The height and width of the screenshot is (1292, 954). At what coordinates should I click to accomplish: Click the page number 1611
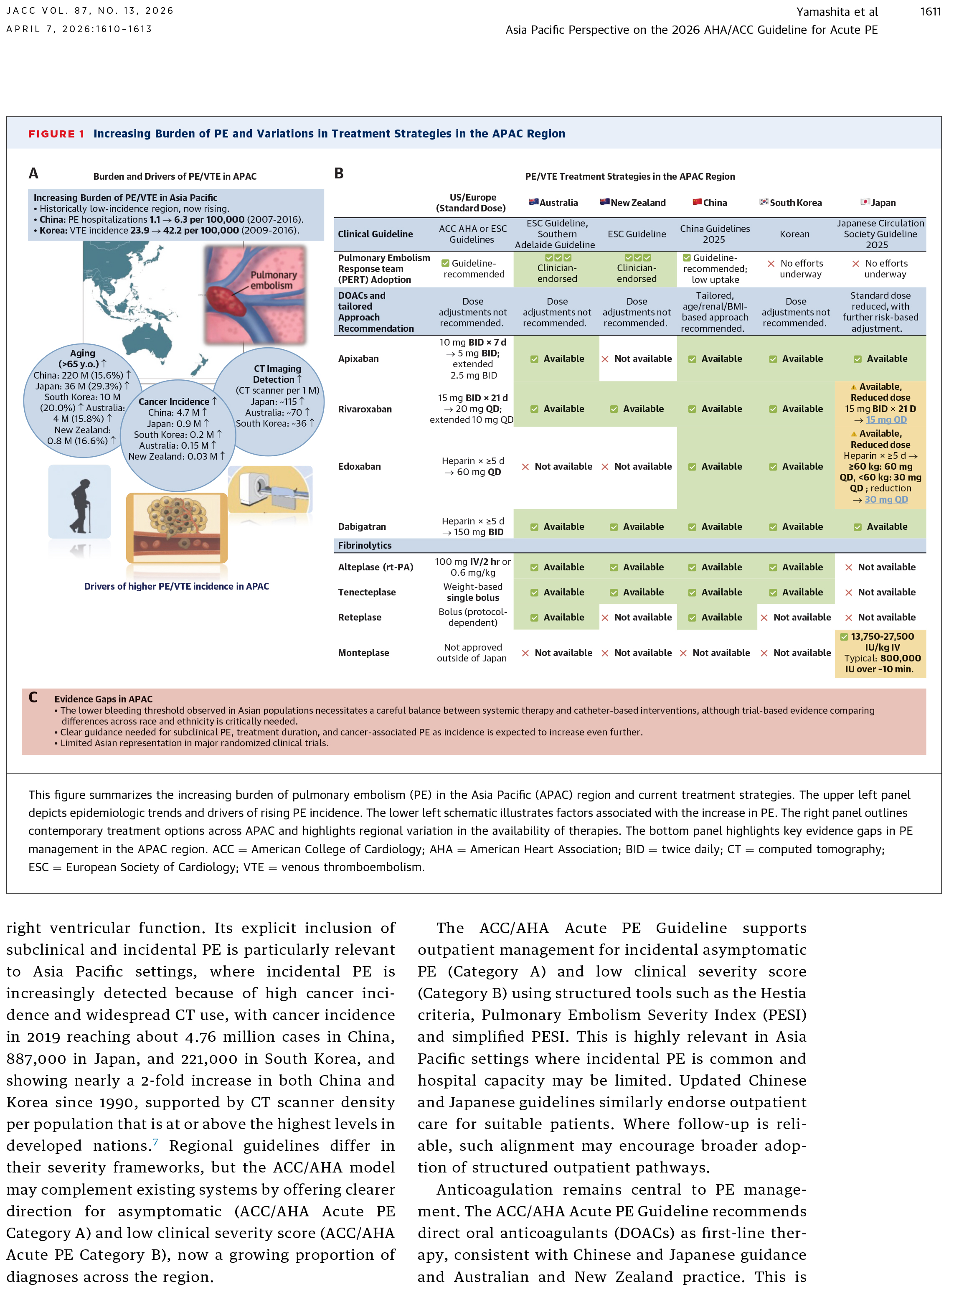930,12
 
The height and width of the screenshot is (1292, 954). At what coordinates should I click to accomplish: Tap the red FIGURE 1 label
56,134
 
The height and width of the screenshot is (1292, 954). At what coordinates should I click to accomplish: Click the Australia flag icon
533,201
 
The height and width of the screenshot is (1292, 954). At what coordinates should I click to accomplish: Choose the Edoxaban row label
359,467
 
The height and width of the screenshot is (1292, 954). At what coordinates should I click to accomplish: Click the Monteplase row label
363,653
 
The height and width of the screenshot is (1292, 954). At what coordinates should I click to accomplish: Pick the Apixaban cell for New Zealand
637,359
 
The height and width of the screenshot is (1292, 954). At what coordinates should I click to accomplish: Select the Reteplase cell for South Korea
797,618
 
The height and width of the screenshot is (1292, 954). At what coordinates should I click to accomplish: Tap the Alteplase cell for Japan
880,567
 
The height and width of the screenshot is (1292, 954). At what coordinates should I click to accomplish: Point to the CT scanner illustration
270,490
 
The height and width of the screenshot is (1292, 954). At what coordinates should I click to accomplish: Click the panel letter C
33,698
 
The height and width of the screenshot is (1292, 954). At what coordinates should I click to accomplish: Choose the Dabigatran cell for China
715,527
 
